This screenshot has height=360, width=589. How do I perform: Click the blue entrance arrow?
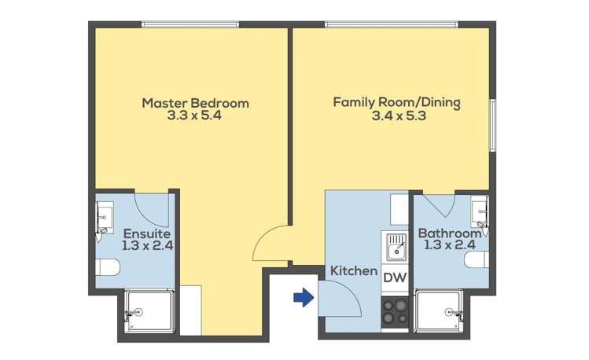304,297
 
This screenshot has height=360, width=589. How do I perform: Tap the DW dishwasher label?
395,277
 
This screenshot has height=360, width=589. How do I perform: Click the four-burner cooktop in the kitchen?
395,312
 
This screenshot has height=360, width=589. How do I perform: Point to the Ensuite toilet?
107,267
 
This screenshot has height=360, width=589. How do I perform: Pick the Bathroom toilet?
477,259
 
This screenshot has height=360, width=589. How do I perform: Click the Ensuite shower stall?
149,310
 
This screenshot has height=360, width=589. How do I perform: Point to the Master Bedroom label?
195,103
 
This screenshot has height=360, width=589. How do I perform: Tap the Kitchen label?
354,270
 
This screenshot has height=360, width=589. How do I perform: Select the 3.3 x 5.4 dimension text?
194,116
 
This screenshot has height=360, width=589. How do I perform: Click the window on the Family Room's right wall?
493,126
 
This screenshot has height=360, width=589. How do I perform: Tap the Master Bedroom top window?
190,25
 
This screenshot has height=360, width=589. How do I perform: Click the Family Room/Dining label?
396,102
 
